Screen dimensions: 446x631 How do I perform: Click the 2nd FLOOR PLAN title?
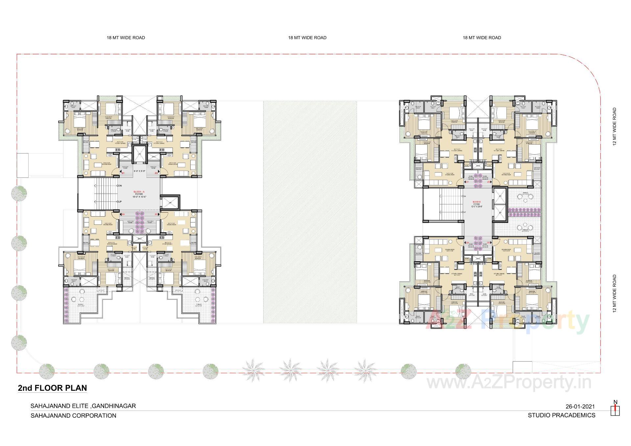pyautogui.click(x=52, y=388)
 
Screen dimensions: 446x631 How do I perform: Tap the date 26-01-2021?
pyautogui.click(x=580, y=407)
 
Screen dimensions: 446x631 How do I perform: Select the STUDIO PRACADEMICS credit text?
pyautogui.click(x=561, y=415)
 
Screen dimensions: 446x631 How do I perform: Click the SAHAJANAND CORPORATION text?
pyautogui.click(x=73, y=415)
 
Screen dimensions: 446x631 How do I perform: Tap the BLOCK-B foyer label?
pyautogui.click(x=477, y=204)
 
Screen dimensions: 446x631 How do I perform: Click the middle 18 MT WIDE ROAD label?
pyautogui.click(x=307, y=37)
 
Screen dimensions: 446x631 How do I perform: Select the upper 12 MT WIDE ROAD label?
pyautogui.click(x=615, y=127)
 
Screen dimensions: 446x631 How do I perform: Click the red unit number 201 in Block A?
pyautogui.click(x=123, y=173)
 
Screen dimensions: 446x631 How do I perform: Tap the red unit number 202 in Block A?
pyautogui.click(x=156, y=173)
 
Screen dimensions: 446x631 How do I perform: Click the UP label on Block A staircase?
pyautogui.click(x=120, y=201)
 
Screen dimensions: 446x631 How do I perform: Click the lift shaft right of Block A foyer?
pyautogui.click(x=170, y=203)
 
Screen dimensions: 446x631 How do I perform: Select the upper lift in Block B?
pyautogui.click(x=500, y=196)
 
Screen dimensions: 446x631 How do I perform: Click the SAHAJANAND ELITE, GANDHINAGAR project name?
pyautogui.click(x=83, y=406)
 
